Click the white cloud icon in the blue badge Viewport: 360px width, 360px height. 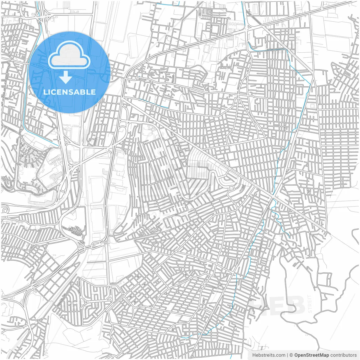[69, 55]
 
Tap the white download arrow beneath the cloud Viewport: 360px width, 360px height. [66, 77]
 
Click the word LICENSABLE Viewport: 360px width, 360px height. [69, 92]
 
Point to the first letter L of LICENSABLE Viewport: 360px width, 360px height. [45, 92]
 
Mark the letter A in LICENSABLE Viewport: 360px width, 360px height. [77, 92]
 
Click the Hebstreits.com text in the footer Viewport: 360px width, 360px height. [269, 355]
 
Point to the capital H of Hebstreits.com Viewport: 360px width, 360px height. [254, 355]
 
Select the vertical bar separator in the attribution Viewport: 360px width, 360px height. [287, 355]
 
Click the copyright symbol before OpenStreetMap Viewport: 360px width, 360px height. [291, 355]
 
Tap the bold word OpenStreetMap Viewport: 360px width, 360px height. [311, 355]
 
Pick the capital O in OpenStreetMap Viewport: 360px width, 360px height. [296, 355]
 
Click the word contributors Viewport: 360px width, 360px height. [343, 355]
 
